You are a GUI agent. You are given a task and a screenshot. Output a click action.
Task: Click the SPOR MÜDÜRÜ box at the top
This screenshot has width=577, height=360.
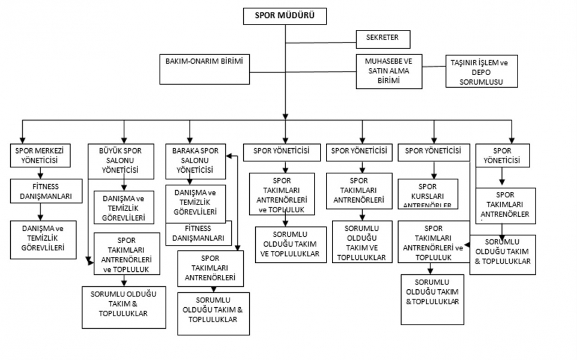[285, 16]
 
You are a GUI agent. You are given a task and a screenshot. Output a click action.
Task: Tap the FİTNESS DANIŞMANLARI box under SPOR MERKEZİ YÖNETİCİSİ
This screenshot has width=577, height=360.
[41, 191]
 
